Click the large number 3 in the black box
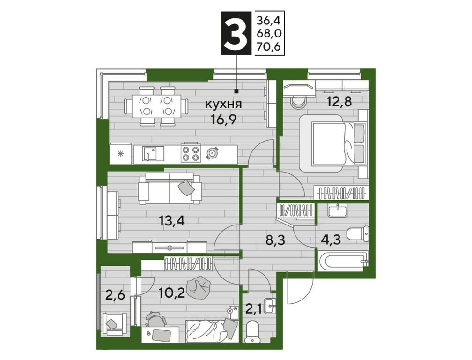pyautogui.click(x=236, y=33)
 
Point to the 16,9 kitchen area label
pyautogui.click(x=224, y=120)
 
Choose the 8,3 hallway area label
pyautogui.click(x=275, y=240)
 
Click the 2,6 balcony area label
pyautogui.click(x=115, y=293)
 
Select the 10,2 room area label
pyautogui.click(x=172, y=293)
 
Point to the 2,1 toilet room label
pyautogui.click(x=253, y=309)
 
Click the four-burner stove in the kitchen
pyautogui.click(x=191, y=153)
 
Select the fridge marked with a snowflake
pyautogui.click(x=120, y=154)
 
